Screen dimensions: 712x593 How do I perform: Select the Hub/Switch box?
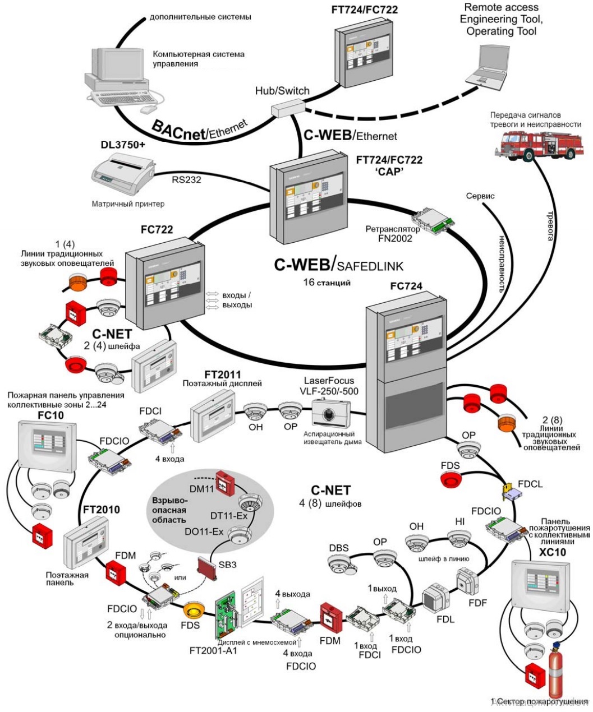286,108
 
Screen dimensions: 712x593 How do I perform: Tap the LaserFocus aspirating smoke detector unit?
332,415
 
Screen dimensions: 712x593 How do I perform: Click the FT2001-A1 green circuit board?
228,612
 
